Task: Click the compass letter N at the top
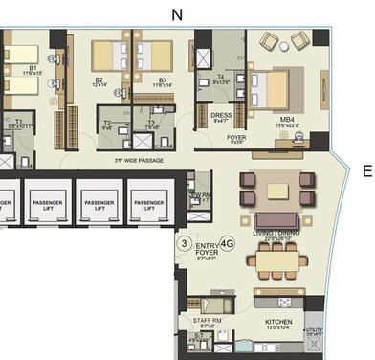[175, 13]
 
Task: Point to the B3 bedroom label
[162, 80]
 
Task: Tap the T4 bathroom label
[220, 78]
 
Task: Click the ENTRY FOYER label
[207, 251]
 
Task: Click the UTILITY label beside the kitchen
[314, 331]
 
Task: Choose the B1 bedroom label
[33, 68]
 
